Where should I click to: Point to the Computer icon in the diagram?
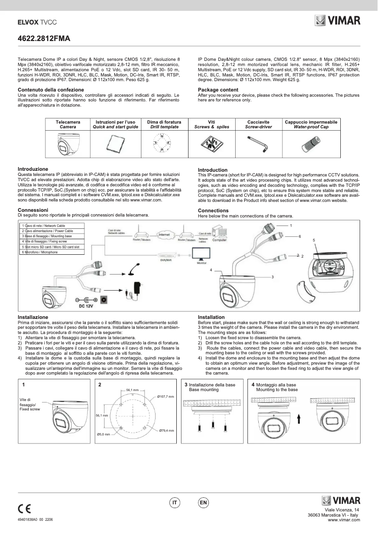(x=219, y=233)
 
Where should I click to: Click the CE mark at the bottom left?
(x=25, y=509)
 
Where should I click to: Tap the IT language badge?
(x=175, y=503)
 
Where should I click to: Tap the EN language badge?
(x=203, y=503)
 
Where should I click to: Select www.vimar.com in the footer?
(x=344, y=520)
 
